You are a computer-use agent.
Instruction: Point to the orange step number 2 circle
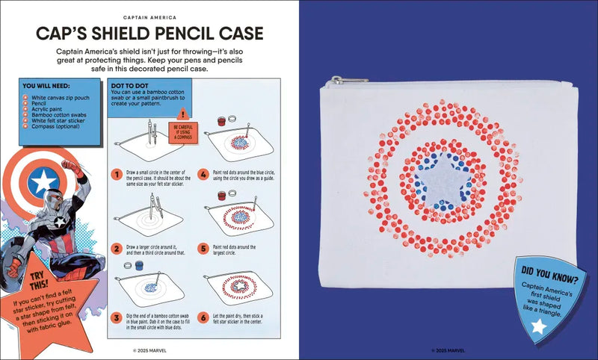(117, 248)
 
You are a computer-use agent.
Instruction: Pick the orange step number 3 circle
(117, 317)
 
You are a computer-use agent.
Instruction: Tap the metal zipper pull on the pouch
(349, 80)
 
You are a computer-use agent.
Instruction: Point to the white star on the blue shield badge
(537, 326)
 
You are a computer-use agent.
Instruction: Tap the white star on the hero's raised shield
(43, 179)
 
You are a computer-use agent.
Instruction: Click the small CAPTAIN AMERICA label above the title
(149, 16)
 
